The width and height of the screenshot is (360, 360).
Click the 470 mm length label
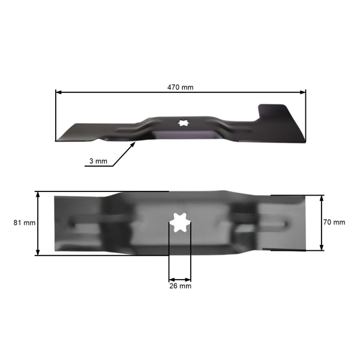click(x=180, y=87)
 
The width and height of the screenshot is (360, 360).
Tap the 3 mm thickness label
click(x=98, y=161)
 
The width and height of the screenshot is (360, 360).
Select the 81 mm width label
click(x=25, y=223)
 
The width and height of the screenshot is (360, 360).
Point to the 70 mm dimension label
click(x=334, y=222)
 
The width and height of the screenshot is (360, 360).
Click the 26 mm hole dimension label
click(x=180, y=287)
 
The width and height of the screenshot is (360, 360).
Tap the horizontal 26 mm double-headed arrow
click(x=180, y=279)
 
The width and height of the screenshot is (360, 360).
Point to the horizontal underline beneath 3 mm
click(x=98, y=167)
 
